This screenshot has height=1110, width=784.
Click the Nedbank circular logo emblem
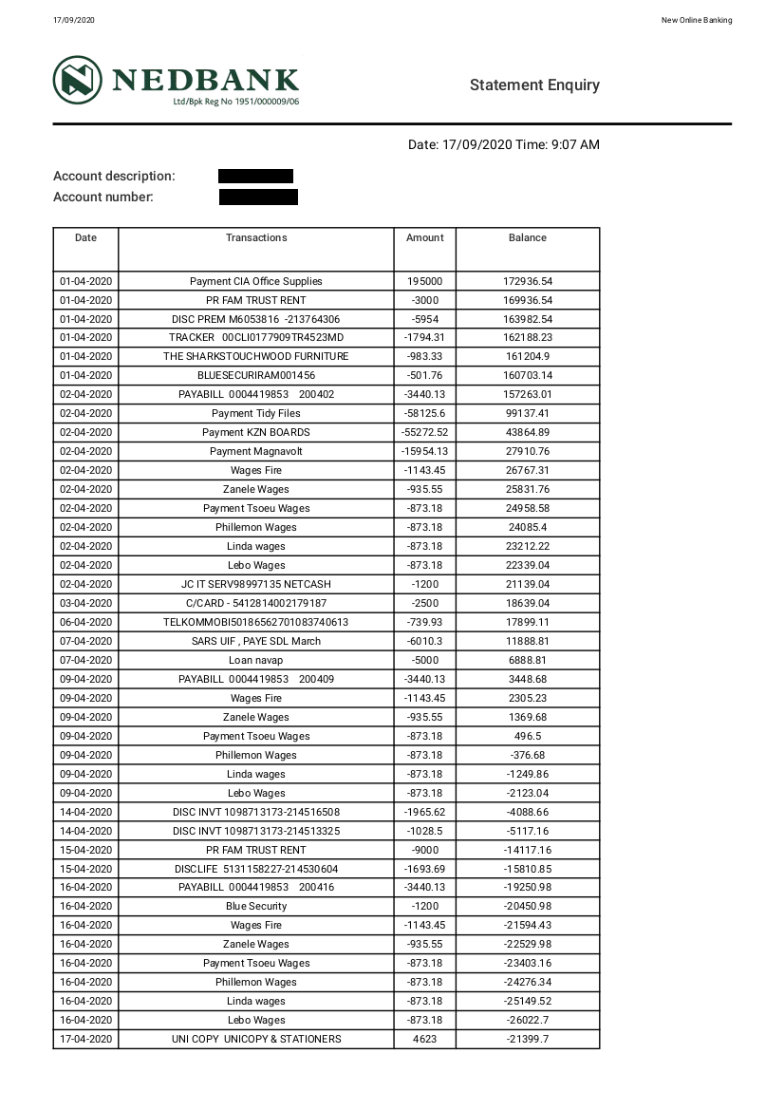78,80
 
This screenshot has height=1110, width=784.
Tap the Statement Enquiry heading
534,85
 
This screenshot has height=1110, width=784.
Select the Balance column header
527,238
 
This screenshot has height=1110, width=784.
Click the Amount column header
424,238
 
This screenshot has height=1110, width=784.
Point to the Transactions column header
256,238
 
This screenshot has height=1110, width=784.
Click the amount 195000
424,281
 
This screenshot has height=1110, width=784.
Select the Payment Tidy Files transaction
256,413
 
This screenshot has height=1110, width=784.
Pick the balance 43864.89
527,432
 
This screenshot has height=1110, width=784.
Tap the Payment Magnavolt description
256,451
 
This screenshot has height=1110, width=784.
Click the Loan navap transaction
256,660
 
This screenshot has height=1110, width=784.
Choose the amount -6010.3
424,641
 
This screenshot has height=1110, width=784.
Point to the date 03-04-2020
85,603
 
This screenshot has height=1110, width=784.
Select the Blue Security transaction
256,906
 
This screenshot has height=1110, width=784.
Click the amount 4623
424,1039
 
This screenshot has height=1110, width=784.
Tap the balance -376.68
527,755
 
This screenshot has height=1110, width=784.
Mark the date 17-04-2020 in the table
85,1039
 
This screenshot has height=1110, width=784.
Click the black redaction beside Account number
258,198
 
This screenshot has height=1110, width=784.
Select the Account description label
114,177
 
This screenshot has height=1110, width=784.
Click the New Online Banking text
696,21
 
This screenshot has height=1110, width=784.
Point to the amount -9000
424,850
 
